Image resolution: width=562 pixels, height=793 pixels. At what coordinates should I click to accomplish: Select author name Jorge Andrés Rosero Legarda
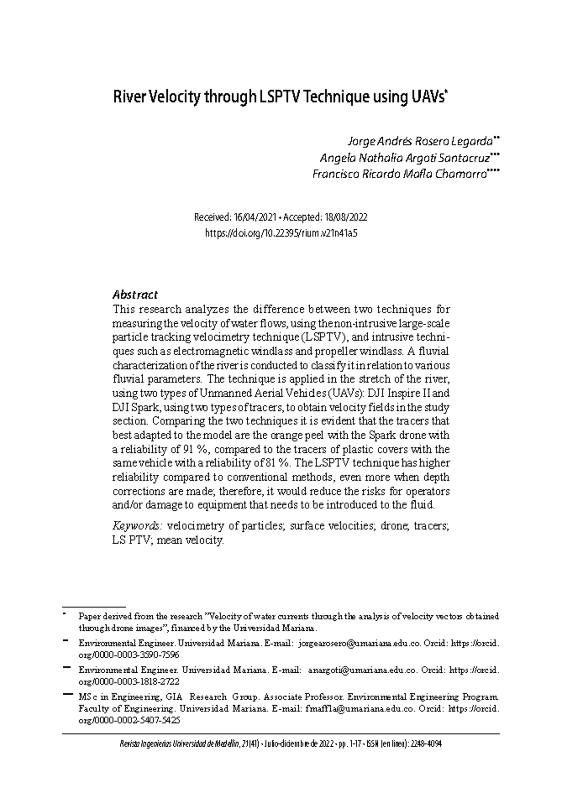pyautogui.click(x=419, y=141)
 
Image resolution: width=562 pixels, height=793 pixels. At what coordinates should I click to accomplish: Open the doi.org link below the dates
pyautogui.click(x=281, y=233)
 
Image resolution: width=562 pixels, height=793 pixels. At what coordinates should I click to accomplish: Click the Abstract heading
pyautogui.click(x=135, y=295)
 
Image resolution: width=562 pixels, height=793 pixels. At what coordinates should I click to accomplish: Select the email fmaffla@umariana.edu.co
pyautogui.click(x=360, y=708)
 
